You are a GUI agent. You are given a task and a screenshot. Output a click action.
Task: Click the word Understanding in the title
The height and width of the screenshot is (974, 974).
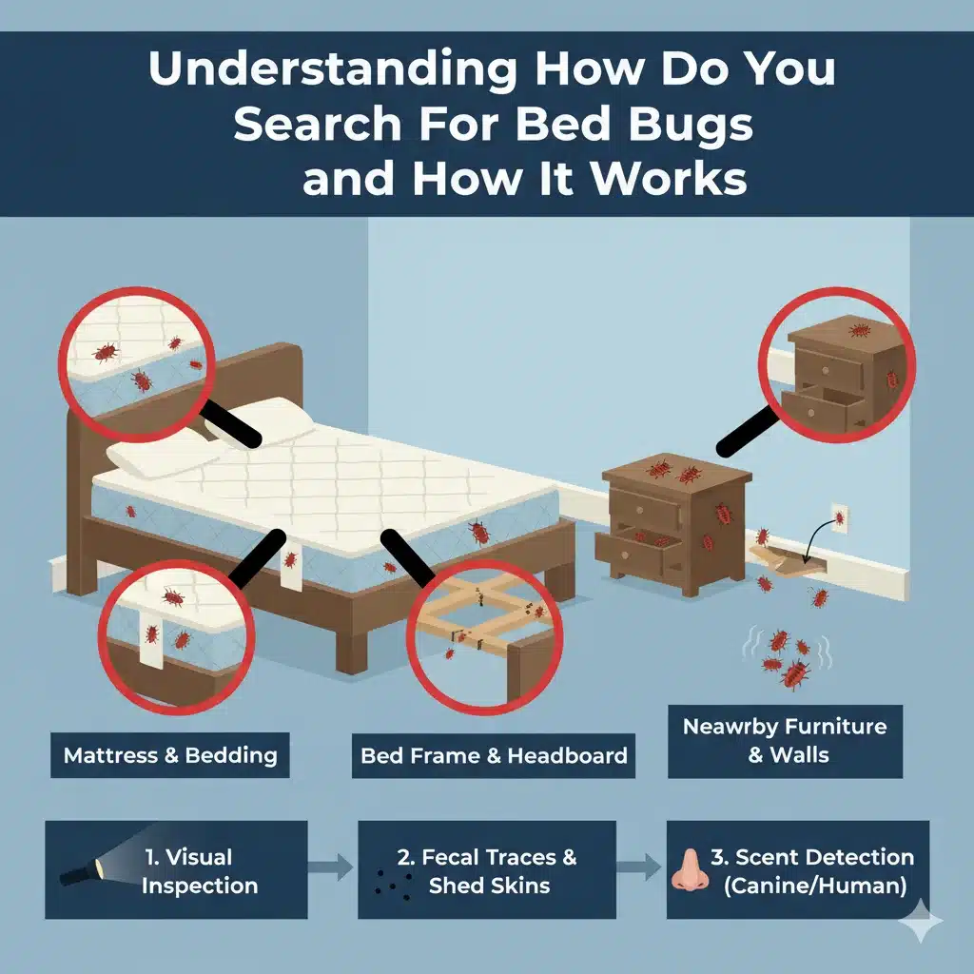(x=332, y=68)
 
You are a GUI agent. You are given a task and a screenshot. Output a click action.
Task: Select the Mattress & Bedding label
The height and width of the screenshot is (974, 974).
(x=170, y=755)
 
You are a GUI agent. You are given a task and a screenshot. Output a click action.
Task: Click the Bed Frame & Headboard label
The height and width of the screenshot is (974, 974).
(x=494, y=755)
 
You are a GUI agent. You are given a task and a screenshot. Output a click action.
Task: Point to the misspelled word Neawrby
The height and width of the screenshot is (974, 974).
(x=730, y=726)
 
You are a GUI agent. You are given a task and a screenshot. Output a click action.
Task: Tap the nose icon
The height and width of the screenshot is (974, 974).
(x=690, y=871)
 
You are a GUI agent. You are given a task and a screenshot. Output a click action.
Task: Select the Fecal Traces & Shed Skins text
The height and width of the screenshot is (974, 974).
(x=488, y=871)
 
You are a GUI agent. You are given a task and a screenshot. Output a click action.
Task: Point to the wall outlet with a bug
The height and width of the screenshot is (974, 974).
(x=839, y=518)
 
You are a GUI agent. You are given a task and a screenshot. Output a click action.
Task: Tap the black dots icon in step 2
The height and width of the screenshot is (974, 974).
(x=393, y=885)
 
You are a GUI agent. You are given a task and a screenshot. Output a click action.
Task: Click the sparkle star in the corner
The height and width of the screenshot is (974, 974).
(x=921, y=921)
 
